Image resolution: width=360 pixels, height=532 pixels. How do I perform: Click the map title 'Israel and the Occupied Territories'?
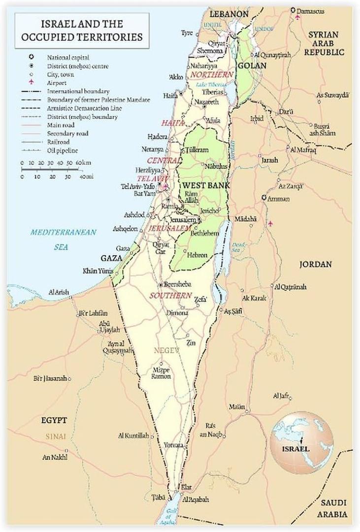tap(81, 30)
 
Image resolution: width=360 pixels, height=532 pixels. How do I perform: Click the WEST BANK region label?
tap(203, 185)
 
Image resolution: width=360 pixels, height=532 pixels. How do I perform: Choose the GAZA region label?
tap(111, 258)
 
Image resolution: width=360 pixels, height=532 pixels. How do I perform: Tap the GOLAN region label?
tap(252, 66)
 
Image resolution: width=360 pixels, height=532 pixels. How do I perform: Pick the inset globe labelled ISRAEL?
tap(302, 442)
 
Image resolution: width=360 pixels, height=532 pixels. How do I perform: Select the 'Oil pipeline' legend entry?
tap(63, 151)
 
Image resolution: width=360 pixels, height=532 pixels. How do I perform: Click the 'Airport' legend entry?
tap(57, 83)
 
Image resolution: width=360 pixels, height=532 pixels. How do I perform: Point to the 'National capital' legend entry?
tap(67, 58)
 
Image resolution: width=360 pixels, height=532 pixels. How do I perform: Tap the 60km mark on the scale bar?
tap(82, 163)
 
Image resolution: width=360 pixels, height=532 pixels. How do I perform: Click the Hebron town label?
tap(197, 255)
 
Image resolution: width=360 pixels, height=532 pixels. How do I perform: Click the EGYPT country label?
tap(54, 420)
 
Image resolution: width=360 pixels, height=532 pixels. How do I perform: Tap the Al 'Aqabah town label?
tap(196, 499)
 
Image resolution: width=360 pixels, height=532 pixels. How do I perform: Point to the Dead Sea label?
tap(238, 247)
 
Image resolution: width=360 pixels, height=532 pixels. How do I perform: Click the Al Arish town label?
tap(59, 292)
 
